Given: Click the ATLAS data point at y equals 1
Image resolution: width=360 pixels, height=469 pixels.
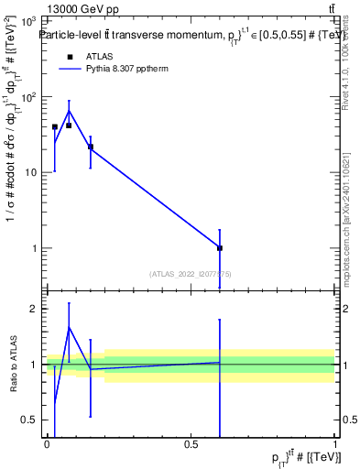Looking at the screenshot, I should pyautogui.click(x=220, y=248).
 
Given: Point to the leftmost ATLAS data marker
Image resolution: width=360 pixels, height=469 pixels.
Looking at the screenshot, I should pyautogui.click(x=54, y=127).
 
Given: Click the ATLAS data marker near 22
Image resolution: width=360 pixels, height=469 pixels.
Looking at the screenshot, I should pyautogui.click(x=90, y=147).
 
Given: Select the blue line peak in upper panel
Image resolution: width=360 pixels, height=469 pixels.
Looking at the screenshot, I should pyautogui.click(x=69, y=111).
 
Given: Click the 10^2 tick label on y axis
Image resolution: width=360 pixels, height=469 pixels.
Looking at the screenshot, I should pyautogui.click(x=29, y=96).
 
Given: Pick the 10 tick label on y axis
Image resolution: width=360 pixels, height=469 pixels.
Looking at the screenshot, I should pyautogui.click(x=33, y=172).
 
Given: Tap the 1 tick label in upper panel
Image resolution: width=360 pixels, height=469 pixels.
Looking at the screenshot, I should pyautogui.click(x=37, y=248).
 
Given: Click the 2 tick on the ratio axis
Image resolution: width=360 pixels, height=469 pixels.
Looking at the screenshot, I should pyautogui.click(x=37, y=309).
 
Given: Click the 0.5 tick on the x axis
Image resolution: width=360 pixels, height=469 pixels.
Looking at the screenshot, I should pyautogui.click(x=191, y=444).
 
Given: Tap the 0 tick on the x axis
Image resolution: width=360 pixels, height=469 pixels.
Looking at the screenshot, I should pyautogui.click(x=47, y=444).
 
